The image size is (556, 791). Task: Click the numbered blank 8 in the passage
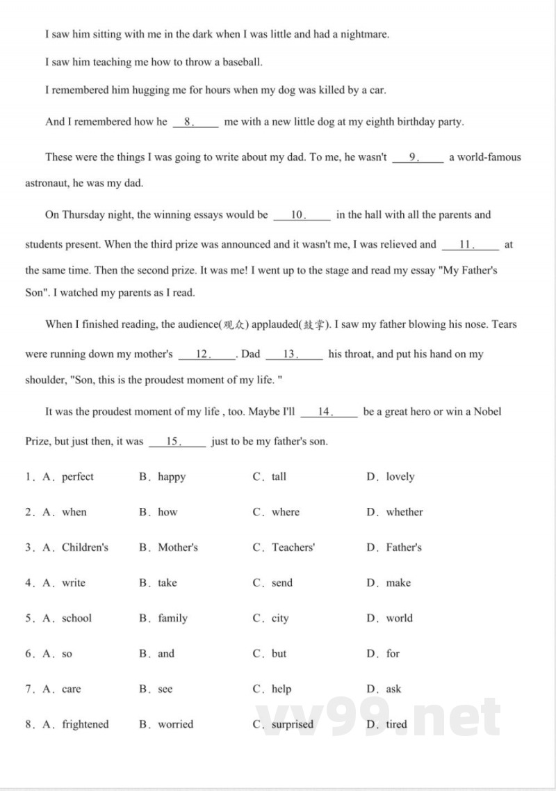point(195,122)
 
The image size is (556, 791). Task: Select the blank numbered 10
point(302,215)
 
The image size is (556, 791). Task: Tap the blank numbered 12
point(206,354)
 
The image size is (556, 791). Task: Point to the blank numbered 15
point(177,441)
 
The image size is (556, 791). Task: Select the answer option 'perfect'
point(77,477)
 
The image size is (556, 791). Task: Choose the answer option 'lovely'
point(400,477)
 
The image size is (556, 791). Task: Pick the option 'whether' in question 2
point(404,512)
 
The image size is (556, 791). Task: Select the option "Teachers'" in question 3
point(293,548)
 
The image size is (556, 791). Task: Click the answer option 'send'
point(282,583)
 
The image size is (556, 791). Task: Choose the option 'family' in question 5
point(172,618)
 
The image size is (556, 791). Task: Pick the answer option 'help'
point(281,689)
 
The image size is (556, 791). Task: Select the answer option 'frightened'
point(85,724)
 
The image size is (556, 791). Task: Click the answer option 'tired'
point(396,724)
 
